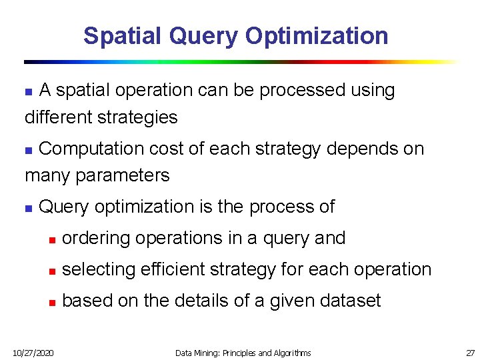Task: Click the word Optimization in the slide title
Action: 317,36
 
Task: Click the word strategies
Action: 139,117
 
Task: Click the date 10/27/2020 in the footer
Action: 33,352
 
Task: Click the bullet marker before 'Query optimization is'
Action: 28,208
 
